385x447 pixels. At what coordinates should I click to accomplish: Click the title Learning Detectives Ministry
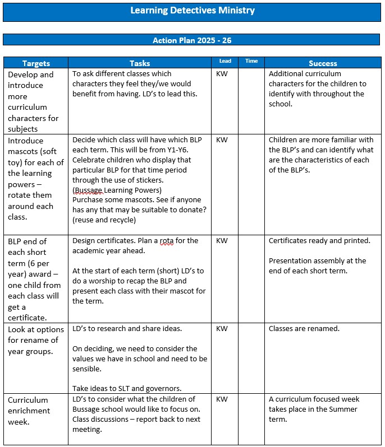(x=192, y=11)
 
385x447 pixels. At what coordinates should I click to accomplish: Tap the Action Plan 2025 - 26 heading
(x=192, y=40)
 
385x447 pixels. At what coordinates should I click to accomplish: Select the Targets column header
(x=36, y=64)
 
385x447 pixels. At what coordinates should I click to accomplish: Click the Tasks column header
(x=140, y=64)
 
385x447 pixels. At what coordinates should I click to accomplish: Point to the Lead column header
(x=224, y=61)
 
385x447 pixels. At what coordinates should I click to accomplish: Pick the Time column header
(x=251, y=61)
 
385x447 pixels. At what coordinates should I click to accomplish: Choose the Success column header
(x=323, y=64)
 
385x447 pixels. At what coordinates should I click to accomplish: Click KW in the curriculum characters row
(x=222, y=74)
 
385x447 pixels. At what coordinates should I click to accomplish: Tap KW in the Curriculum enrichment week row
(x=222, y=399)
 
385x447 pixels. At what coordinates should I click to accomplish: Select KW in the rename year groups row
(x=222, y=329)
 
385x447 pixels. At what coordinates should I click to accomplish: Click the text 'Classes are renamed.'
(x=304, y=329)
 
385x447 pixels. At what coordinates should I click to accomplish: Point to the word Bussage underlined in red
(x=90, y=190)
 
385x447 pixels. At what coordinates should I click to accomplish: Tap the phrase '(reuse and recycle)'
(x=104, y=220)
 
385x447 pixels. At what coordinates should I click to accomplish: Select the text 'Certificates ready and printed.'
(x=319, y=241)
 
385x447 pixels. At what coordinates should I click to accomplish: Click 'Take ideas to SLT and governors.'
(x=127, y=389)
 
